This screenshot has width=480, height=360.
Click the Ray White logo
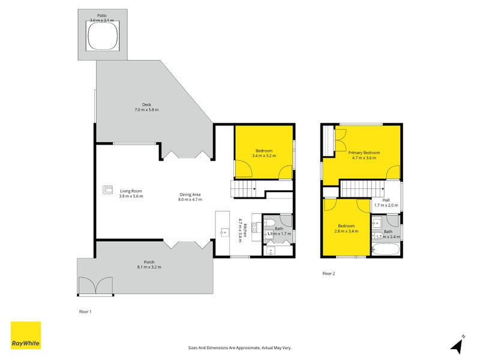point(26,335)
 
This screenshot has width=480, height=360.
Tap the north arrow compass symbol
point(458,344)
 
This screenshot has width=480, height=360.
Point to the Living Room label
point(131,194)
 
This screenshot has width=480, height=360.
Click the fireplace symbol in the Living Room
point(107,190)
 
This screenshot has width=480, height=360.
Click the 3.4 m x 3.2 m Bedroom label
point(264,153)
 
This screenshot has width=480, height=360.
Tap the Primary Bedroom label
point(363,155)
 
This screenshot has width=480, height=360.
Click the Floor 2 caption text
point(328,274)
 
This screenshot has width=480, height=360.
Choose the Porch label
point(148,264)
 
